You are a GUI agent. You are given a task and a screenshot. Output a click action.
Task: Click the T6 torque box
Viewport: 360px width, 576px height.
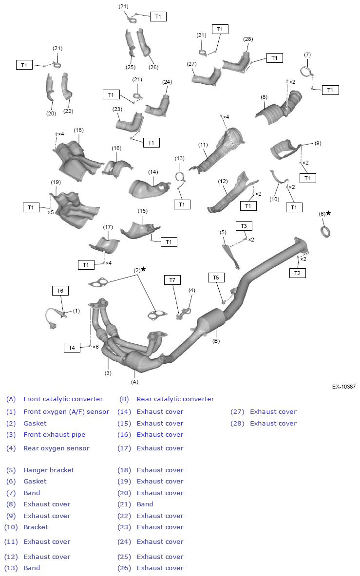[60, 291]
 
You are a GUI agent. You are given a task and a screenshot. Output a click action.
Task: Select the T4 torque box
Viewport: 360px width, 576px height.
[72, 348]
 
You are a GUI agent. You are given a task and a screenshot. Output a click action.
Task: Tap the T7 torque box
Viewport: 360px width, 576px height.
[172, 279]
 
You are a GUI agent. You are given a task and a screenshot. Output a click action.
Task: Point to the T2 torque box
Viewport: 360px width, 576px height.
[297, 273]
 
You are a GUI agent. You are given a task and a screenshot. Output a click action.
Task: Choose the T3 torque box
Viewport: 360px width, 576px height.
[244, 226]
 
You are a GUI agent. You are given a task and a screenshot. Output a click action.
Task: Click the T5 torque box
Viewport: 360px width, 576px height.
[216, 278]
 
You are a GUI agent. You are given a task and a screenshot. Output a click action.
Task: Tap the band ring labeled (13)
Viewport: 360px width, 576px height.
[180, 176]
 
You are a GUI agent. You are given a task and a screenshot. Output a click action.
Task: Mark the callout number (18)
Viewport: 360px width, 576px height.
[79, 130]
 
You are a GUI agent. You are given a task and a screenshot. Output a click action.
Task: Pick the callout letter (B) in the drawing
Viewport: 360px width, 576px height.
[216, 341]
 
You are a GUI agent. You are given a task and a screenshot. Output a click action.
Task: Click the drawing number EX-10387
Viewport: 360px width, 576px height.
[343, 387]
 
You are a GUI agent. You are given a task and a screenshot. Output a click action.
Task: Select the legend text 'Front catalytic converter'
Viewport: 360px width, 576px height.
[63, 399]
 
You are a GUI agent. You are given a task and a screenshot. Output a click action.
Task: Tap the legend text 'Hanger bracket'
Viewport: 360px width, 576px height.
[49, 470]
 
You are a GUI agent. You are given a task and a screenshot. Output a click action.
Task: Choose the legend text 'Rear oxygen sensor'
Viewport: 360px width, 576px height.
[57, 448]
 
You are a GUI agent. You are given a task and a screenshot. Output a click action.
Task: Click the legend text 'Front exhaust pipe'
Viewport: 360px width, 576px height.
[54, 434]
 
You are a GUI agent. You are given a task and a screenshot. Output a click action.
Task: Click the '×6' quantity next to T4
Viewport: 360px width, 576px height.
[96, 347]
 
